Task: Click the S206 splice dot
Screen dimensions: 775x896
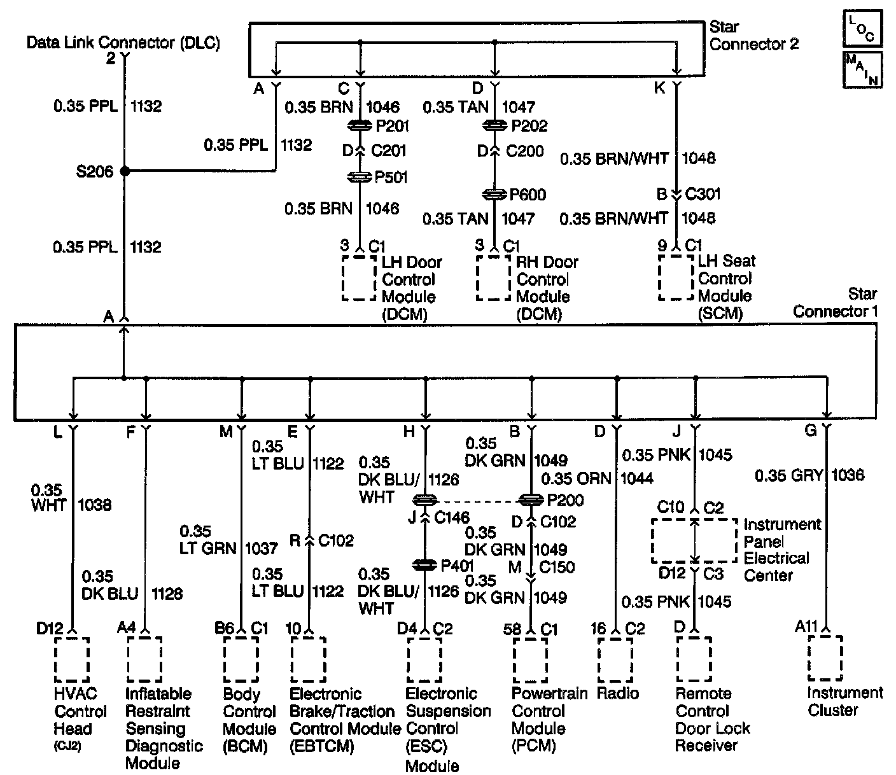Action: pyautogui.click(x=125, y=171)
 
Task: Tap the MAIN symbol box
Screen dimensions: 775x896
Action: pyautogui.click(x=862, y=69)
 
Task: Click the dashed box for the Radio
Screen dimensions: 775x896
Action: pyautogui.click(x=615, y=659)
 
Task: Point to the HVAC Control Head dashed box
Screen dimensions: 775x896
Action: pyautogui.click(x=72, y=659)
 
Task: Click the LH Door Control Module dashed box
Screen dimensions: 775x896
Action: pyautogui.click(x=359, y=278)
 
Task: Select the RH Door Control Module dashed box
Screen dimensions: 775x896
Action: pyautogui.click(x=494, y=278)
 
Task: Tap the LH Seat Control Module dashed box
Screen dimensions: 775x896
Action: pyautogui.click(x=676, y=277)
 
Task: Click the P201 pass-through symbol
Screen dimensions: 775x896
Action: pyautogui.click(x=361, y=126)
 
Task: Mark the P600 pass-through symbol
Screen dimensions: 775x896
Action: pyautogui.click(x=495, y=195)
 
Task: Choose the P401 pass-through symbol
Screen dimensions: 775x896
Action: pyautogui.click(x=424, y=565)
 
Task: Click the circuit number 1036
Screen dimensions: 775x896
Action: pyautogui.click(x=848, y=475)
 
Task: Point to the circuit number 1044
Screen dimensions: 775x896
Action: pyautogui.click(x=637, y=478)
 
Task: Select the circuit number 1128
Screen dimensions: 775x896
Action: pyautogui.click(x=167, y=594)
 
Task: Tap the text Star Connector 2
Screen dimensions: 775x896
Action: pyautogui.click(x=753, y=36)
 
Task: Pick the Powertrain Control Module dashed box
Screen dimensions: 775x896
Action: pyautogui.click(x=530, y=659)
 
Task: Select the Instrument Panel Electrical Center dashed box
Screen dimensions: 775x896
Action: pyautogui.click(x=694, y=541)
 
